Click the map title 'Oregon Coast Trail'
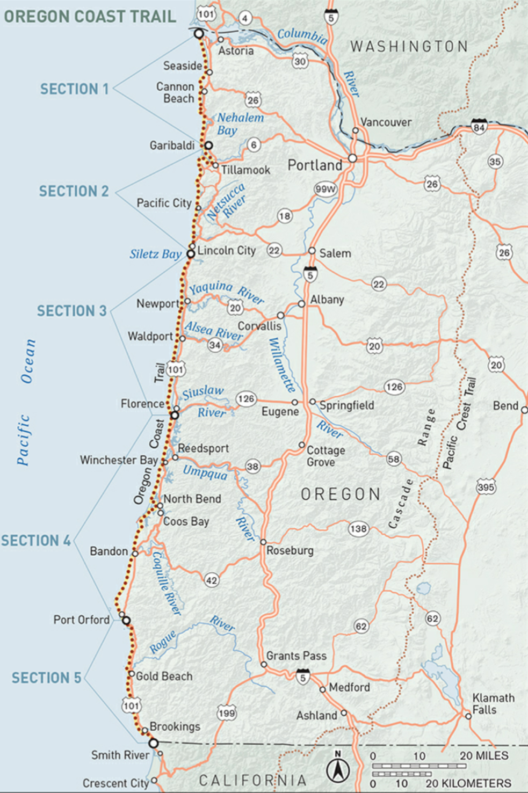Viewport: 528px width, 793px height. coord(90,17)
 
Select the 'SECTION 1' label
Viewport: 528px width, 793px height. coord(74,89)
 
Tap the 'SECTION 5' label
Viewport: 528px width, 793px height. coord(46,678)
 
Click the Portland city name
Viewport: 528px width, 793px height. coord(315,165)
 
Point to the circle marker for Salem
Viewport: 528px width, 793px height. coord(312,251)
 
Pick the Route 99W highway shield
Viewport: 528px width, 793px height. coord(326,189)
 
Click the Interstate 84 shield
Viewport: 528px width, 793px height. coord(479,127)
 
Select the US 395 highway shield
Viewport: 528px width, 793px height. coord(486,488)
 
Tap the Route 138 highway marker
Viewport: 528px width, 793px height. coord(358,528)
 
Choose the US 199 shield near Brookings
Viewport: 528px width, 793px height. coord(227,713)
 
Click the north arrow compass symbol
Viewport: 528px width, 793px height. coord(338,769)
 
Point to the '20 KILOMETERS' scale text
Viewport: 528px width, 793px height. coord(468,783)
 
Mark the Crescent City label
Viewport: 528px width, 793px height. coord(115,783)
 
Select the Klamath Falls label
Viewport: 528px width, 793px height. coord(493,704)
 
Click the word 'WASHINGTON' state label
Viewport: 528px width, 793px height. coord(409,47)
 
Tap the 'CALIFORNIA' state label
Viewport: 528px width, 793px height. coord(252,780)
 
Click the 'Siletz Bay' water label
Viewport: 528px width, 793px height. coord(155,254)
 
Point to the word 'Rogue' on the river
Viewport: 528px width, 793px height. coord(163,642)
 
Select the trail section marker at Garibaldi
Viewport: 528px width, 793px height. coord(208,145)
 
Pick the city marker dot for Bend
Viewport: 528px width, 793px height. coord(524,410)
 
